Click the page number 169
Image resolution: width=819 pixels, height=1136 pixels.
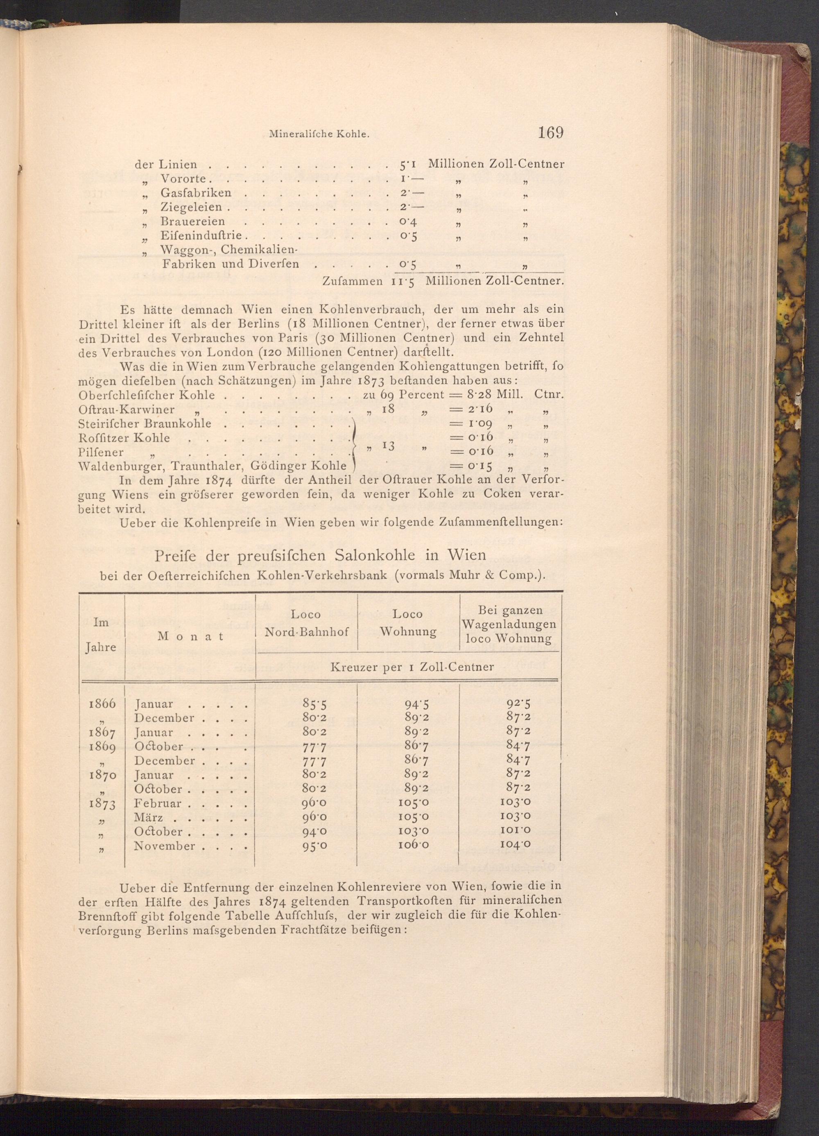[551, 133]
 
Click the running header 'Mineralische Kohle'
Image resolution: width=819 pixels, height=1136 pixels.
[319, 134]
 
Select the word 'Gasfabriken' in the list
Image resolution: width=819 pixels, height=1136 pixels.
[196, 193]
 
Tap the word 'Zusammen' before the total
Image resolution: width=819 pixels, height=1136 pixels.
[353, 282]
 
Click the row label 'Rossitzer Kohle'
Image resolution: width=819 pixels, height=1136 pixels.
[124, 438]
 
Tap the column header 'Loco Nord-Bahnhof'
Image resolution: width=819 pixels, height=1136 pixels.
[306, 623]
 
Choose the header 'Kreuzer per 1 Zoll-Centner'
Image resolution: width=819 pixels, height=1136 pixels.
[412, 667]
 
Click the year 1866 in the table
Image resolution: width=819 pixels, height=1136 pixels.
[102, 704]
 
